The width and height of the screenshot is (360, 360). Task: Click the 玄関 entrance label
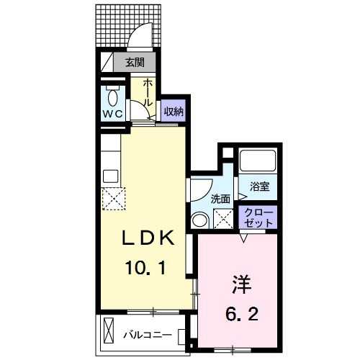(135, 63)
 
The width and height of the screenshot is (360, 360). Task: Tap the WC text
(113, 114)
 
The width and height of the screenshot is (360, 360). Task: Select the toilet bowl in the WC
(113, 98)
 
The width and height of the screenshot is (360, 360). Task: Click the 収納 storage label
(174, 112)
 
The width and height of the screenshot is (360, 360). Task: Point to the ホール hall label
(148, 93)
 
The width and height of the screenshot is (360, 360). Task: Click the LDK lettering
(148, 238)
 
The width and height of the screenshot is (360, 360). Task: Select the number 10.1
(145, 268)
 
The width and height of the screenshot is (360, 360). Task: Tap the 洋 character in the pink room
(242, 285)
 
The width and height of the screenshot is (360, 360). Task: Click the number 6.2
(242, 315)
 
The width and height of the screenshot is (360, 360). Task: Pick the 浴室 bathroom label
(260, 186)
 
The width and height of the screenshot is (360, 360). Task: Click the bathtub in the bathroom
(258, 161)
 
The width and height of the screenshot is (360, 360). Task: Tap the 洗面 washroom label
(220, 199)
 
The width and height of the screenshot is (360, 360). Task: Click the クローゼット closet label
(258, 218)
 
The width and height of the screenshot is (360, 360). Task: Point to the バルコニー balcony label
(148, 336)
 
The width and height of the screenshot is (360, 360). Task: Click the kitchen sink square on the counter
(110, 176)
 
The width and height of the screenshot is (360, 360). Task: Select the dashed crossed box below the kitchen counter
(114, 199)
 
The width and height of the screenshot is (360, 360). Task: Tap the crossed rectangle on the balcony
(109, 331)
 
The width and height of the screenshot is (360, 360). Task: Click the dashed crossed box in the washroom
(223, 219)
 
